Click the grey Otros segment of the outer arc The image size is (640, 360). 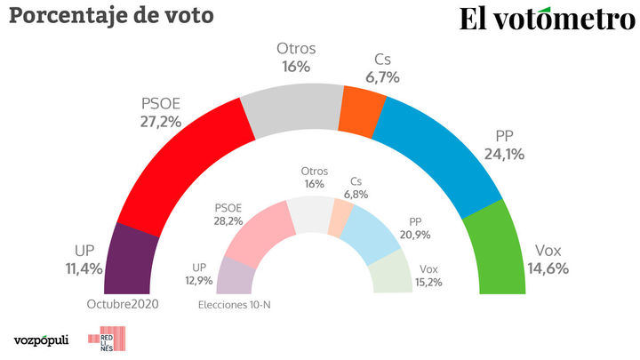tap(292, 102)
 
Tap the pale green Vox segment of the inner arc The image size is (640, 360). tap(394, 271)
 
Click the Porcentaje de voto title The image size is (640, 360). tap(112, 15)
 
